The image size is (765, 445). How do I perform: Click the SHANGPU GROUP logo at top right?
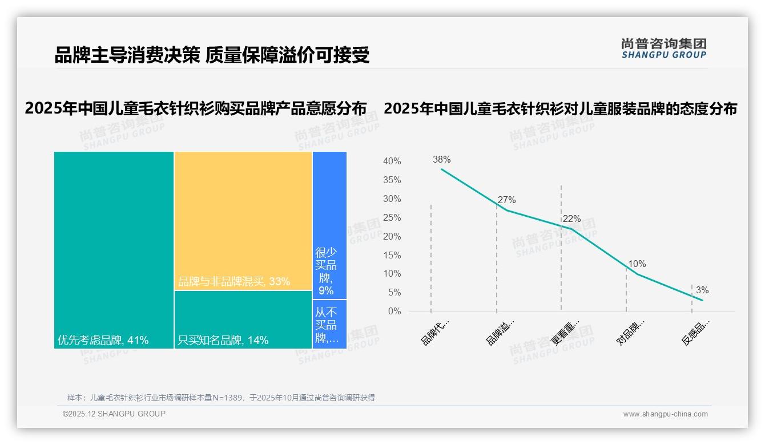(663, 48)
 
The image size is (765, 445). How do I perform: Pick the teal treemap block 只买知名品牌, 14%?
(243, 319)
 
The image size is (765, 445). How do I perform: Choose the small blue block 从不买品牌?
(329, 324)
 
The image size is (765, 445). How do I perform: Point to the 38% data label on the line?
(441, 160)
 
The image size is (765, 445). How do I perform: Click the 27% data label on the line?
(506, 200)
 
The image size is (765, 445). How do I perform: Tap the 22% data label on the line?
(571, 219)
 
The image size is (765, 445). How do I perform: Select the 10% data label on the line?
(637, 264)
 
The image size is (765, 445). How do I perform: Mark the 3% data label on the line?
(702, 290)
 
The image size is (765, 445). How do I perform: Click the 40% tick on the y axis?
(392, 161)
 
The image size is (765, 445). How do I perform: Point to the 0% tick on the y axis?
(394, 311)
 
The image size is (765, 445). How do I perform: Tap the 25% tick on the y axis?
(392, 218)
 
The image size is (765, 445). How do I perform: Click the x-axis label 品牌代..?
(435, 332)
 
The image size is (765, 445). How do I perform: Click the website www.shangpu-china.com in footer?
(665, 414)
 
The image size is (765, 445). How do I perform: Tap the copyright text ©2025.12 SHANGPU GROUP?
(114, 414)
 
